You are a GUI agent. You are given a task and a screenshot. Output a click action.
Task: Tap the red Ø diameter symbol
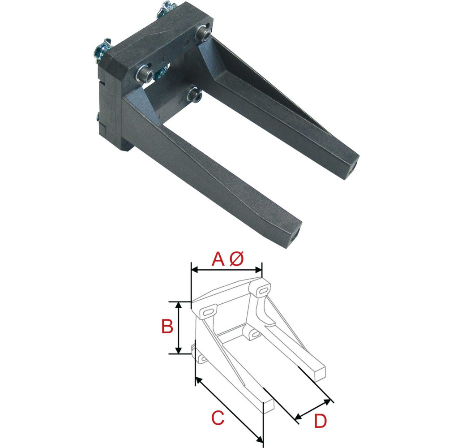[x=237, y=259]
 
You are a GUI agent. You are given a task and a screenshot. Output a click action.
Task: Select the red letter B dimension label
[x=167, y=327]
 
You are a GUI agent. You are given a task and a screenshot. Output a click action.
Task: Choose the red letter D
[x=320, y=421]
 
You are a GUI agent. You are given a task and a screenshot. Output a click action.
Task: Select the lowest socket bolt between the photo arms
[x=195, y=93]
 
